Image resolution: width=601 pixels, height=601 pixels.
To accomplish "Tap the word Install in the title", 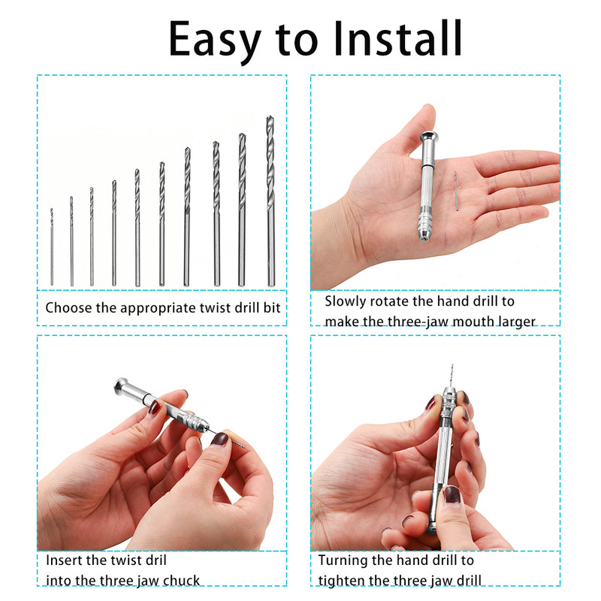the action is point(398,38).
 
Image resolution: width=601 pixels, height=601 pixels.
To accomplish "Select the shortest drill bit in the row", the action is point(52,247).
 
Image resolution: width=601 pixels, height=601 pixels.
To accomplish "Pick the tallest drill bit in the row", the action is point(270,201).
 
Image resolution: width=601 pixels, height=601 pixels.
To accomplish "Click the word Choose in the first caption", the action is point(69,308).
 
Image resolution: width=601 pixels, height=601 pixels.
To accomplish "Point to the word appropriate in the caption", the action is point(158,309).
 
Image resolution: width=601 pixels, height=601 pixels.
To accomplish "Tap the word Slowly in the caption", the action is point(345,302).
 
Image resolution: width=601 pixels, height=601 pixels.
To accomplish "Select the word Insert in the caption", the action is point(64,560).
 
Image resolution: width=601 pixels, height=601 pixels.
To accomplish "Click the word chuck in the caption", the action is point(181,581).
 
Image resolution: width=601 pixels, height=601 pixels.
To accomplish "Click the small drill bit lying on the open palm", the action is point(456,191).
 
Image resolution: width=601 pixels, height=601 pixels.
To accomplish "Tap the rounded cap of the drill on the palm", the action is point(429,137).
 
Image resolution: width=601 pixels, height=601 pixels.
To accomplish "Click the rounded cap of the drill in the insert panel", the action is point(121,385).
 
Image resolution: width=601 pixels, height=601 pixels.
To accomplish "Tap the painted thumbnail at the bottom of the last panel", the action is point(452,495).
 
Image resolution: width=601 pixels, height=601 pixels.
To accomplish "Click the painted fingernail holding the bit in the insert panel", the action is point(219,439).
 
